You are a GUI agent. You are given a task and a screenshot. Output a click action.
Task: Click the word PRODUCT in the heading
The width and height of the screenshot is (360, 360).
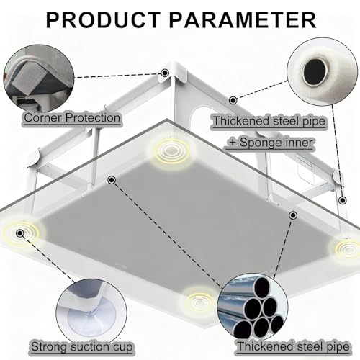point(103,20)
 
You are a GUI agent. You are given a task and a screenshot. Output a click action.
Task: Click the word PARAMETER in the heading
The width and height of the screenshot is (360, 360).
point(243,20)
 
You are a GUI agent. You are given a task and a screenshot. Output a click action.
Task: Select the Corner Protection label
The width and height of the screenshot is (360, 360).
point(72,118)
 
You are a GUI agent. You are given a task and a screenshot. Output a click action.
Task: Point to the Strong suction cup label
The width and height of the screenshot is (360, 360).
point(82,346)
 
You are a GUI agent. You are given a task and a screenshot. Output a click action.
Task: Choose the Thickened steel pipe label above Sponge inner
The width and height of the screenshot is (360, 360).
point(269,121)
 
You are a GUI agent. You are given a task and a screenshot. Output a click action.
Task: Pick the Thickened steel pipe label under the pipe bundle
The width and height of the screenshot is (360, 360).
point(293,346)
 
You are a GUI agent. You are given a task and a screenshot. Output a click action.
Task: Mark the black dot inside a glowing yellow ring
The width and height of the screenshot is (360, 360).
point(19,233)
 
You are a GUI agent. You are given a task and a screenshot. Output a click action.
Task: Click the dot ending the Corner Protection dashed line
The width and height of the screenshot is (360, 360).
point(164,73)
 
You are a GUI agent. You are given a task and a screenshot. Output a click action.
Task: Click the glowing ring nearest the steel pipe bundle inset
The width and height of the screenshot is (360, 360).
point(199,300)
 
